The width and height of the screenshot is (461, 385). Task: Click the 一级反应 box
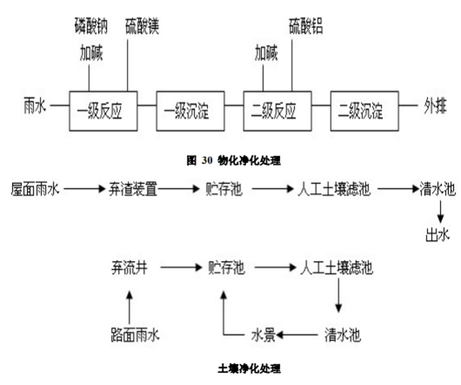tap(103, 111)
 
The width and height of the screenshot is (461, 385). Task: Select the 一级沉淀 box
tap(190, 111)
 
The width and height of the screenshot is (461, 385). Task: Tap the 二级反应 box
tap(277, 111)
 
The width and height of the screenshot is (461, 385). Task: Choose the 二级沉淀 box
tap(365, 111)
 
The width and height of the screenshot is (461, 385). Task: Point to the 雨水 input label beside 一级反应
tap(35, 105)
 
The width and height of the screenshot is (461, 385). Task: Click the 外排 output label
tap(435, 105)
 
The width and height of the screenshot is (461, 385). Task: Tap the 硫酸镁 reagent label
tap(142, 27)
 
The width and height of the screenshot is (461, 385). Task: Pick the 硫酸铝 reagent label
tap(306, 27)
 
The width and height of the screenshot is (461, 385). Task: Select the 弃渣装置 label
tap(133, 189)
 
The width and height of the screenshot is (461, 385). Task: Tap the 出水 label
tap(438, 235)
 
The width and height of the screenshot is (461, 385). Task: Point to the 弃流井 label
tap(129, 268)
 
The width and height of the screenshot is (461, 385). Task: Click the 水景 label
tap(263, 335)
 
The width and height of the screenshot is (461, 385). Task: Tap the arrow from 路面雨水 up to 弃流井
tap(129, 306)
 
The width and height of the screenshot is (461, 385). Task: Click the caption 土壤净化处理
tap(249, 368)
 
